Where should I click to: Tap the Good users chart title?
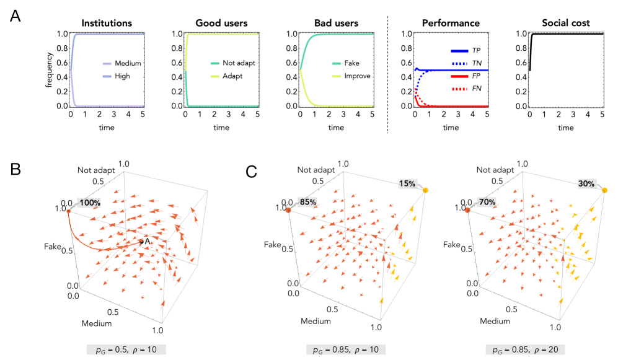pos(221,24)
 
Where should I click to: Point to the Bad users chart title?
pos(335,24)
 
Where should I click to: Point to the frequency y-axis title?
pos(48,69)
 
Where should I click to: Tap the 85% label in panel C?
pos(307,202)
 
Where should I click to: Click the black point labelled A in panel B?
pos(141,242)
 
